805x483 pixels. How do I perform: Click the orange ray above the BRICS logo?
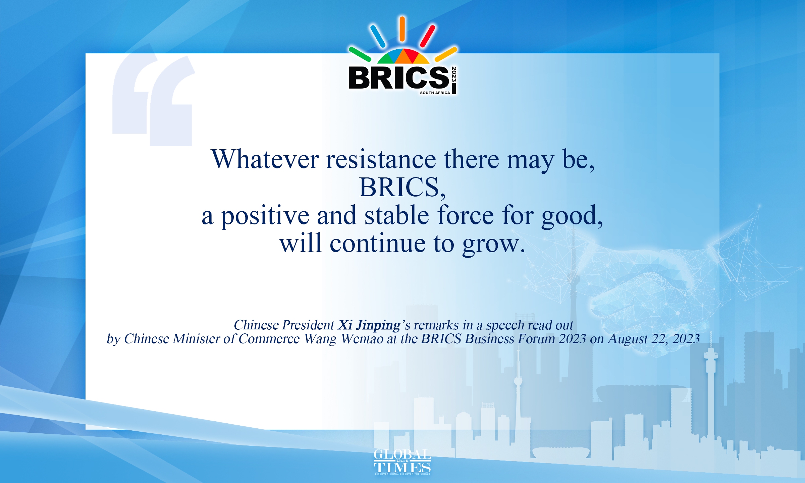(402, 29)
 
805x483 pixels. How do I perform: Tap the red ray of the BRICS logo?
(428, 36)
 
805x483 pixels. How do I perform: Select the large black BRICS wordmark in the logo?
(399, 78)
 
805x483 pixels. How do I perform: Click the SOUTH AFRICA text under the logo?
(435, 93)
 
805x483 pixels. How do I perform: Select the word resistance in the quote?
(381, 160)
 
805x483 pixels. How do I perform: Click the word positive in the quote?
(265, 216)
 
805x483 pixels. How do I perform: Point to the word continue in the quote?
(378, 243)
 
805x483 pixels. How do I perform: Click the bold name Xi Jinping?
(369, 325)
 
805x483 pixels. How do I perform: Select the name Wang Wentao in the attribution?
(343, 339)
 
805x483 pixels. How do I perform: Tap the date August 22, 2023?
(654, 339)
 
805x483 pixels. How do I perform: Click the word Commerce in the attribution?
(269, 339)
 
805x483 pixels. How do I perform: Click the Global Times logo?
(402, 462)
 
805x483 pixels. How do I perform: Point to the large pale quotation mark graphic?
(153, 101)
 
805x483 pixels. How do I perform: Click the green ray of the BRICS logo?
(360, 54)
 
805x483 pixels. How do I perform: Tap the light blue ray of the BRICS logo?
(378, 36)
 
